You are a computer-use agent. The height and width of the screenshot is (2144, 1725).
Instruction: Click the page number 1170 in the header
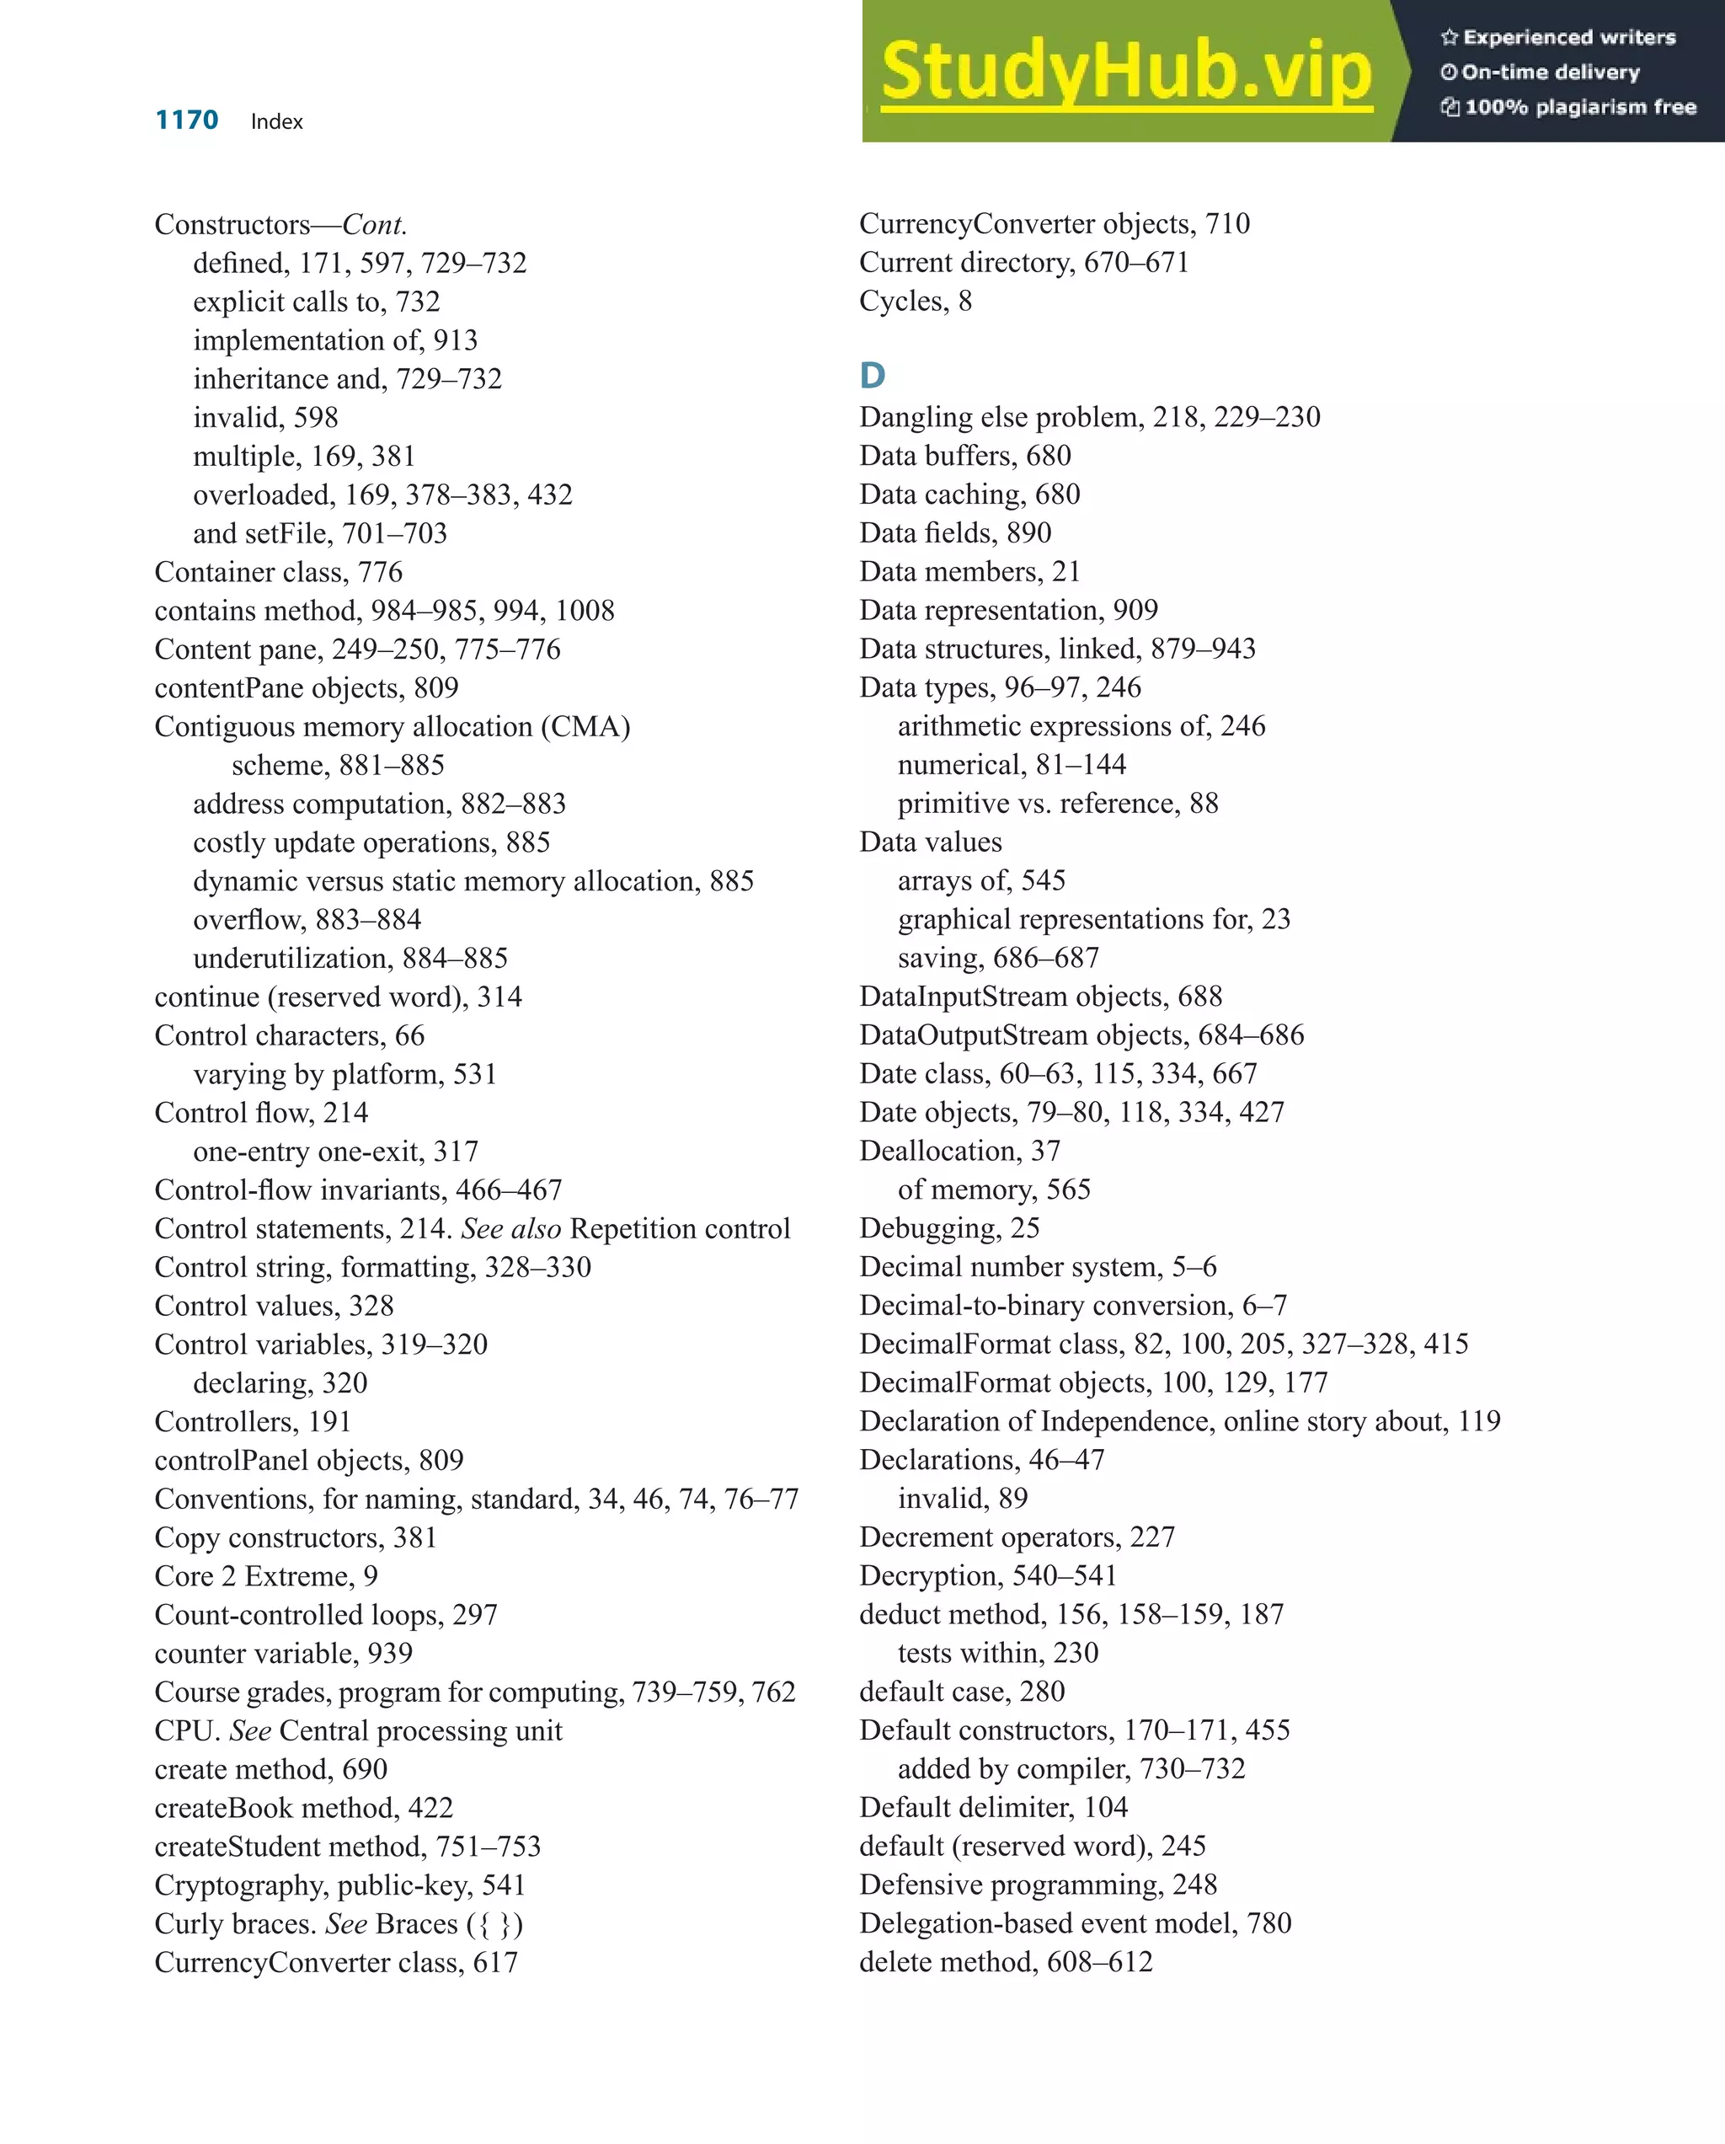click(186, 120)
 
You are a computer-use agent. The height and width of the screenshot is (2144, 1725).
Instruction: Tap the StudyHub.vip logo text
click(1126, 70)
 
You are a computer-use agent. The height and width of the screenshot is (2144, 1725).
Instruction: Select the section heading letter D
click(872, 376)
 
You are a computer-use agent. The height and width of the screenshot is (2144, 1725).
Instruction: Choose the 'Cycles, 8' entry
click(915, 302)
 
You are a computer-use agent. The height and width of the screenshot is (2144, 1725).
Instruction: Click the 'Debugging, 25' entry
click(948, 1228)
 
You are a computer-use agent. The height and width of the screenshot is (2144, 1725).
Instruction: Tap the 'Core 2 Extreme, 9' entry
click(265, 1576)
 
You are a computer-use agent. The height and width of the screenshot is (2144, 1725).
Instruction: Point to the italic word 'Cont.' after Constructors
click(374, 225)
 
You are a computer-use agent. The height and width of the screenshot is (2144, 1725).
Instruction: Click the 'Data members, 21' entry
click(969, 572)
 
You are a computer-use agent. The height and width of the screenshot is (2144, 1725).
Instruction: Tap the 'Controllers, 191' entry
click(253, 1421)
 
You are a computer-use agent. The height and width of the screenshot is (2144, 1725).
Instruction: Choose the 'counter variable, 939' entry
click(282, 1653)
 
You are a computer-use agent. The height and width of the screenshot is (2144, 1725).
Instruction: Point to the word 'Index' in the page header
click(276, 121)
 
